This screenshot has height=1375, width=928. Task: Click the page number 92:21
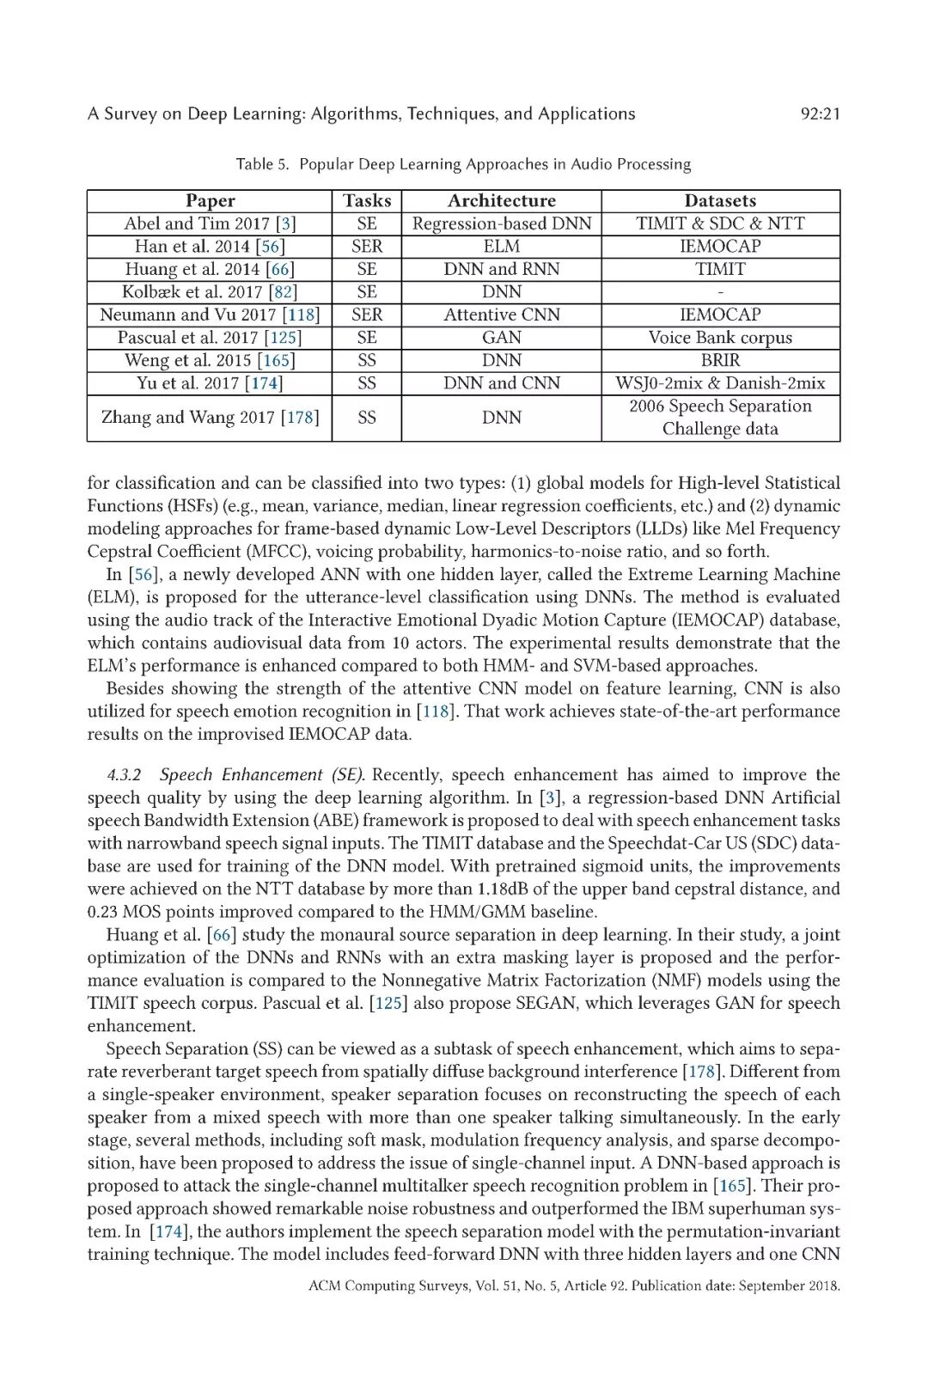820,113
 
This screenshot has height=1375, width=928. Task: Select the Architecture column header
502,201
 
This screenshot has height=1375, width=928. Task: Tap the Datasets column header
720,201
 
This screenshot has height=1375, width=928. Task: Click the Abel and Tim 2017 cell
210,223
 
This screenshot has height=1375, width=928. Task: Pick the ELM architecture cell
502,247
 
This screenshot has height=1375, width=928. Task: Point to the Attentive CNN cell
502,315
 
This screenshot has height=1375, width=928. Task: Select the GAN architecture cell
502,338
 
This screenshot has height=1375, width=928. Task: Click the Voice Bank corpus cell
720,338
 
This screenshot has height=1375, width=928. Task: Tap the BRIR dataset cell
720,361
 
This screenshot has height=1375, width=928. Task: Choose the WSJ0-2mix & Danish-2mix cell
720,383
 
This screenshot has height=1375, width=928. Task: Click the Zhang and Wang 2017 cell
210,418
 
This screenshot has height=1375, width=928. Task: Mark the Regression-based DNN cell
502,223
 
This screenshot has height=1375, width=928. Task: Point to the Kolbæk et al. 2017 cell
210,292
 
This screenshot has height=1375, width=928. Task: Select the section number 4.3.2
125,775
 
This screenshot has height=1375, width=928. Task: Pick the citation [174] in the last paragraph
168,1231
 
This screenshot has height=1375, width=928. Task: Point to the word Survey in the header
130,113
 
